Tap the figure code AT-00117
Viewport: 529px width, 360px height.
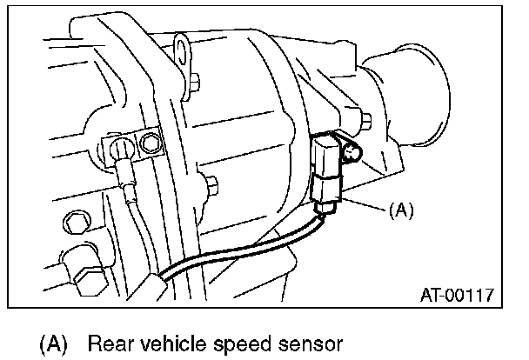(x=457, y=295)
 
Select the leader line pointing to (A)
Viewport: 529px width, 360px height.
(x=366, y=205)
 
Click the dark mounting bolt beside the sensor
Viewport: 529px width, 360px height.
(x=352, y=155)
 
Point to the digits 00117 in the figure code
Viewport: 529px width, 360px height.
(x=473, y=295)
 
